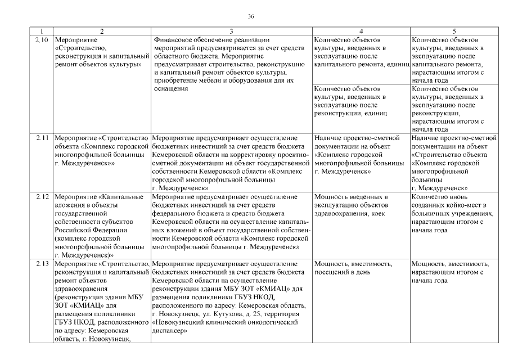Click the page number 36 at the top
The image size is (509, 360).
[251, 16]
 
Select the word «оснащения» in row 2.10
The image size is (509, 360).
[169, 89]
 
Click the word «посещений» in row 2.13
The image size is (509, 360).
[331, 273]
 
